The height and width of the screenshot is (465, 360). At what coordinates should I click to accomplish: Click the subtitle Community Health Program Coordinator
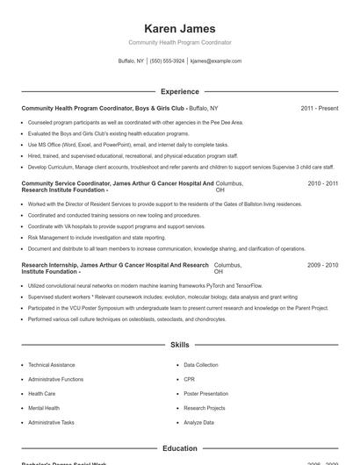click(180, 42)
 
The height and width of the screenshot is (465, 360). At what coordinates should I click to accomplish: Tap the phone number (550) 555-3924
click(167, 61)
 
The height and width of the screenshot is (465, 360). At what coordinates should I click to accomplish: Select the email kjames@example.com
click(215, 61)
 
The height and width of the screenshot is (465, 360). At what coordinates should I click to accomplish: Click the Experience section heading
click(180, 91)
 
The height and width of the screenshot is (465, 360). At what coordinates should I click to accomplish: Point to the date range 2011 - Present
click(319, 108)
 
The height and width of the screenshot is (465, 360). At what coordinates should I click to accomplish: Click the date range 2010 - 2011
click(322, 183)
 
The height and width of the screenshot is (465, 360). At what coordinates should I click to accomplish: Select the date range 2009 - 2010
click(322, 265)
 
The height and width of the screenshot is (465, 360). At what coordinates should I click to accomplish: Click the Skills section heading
click(180, 346)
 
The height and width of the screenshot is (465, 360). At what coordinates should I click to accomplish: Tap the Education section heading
click(180, 448)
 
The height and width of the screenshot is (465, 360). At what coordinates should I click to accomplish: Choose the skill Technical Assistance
click(51, 365)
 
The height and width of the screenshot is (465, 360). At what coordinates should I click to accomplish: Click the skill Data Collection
click(201, 365)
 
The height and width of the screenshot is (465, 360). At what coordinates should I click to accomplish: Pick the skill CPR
click(189, 379)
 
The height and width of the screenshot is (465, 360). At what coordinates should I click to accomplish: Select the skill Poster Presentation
click(205, 394)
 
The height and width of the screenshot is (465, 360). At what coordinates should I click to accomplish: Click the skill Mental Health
click(44, 408)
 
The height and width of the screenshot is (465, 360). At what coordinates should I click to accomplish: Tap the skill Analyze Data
click(198, 423)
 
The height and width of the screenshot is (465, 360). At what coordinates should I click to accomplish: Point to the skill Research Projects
click(205, 408)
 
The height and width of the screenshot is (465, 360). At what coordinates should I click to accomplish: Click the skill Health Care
click(41, 394)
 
